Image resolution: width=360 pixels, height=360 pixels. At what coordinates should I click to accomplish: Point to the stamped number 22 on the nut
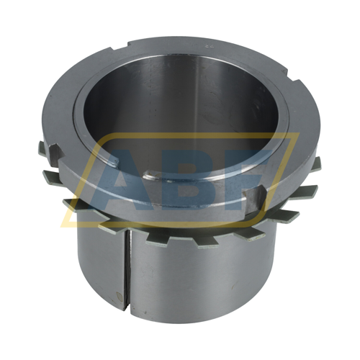point(207,47)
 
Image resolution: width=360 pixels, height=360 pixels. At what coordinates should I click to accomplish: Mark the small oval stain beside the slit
point(120,297)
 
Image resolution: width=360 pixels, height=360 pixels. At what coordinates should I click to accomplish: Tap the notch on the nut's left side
point(57,153)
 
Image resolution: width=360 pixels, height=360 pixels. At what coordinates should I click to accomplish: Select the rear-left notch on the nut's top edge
point(120,46)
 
